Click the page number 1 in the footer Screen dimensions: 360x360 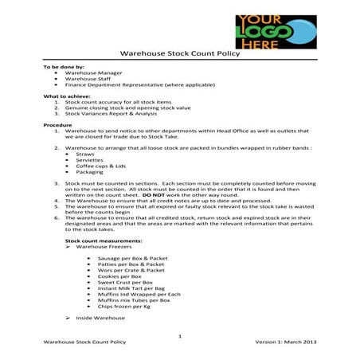click(x=180, y=337)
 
